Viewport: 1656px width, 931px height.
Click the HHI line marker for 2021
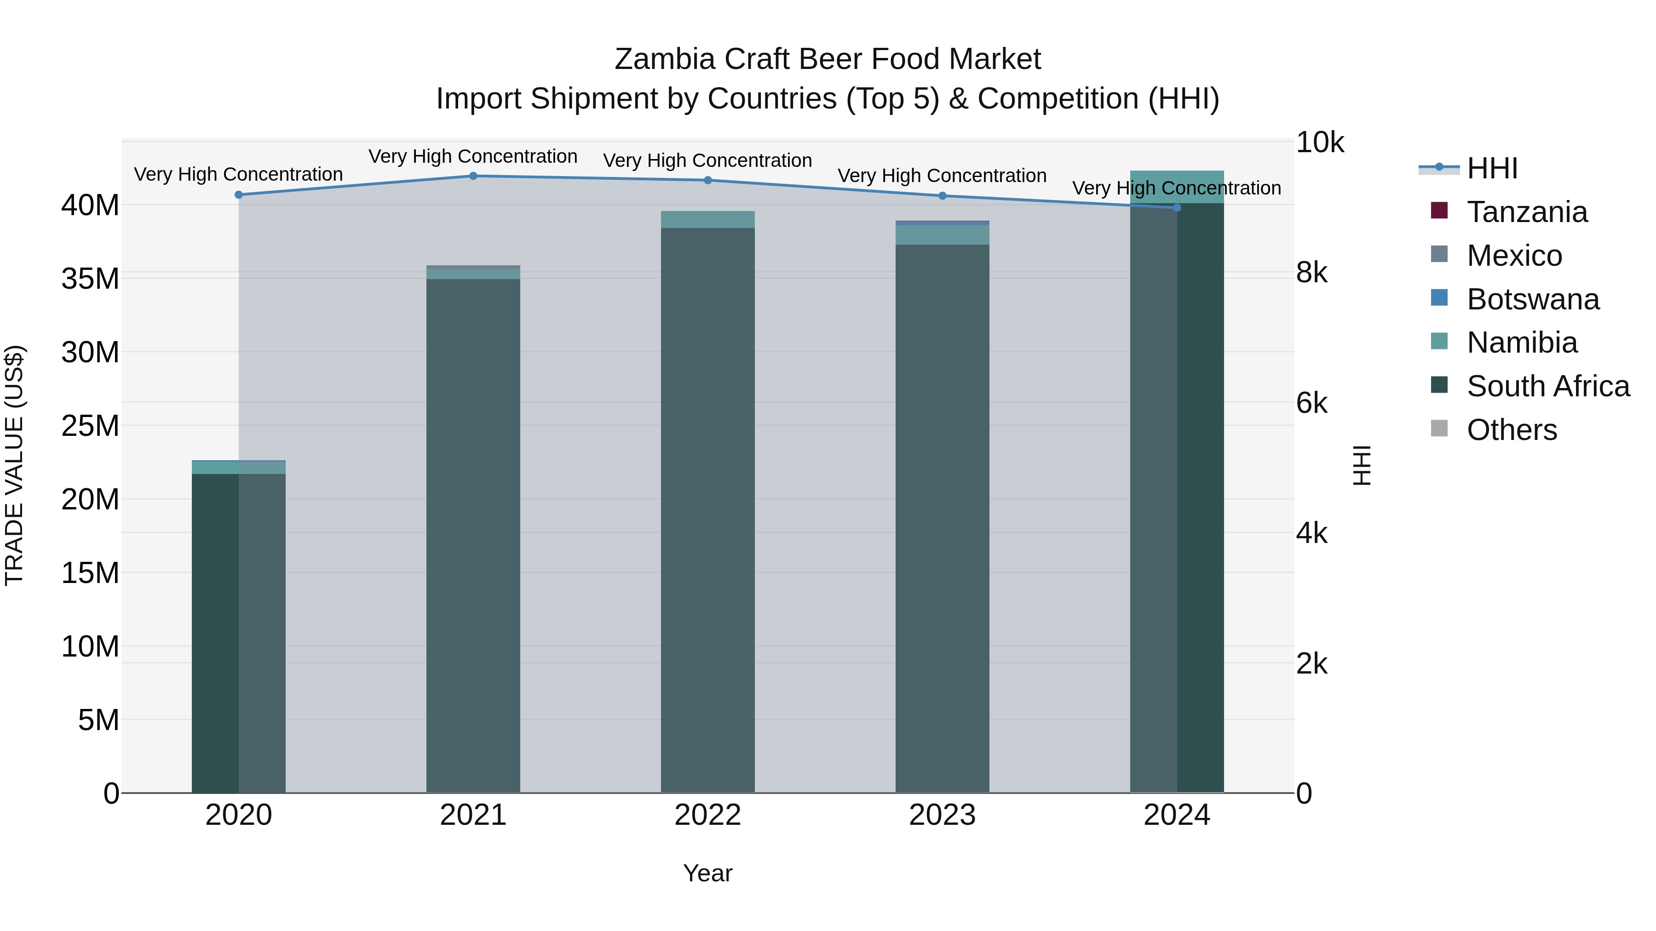click(473, 176)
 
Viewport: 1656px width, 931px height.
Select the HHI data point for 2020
click(238, 194)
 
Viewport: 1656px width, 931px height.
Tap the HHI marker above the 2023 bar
click(943, 196)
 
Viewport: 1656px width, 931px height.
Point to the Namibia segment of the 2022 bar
click(708, 220)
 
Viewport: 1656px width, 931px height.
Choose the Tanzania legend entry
click(1527, 212)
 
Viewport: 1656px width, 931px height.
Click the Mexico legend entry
click(1514, 256)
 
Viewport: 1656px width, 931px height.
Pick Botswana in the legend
click(1533, 299)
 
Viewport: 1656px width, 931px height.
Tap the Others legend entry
click(1512, 430)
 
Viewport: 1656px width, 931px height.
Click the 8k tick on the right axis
click(1311, 273)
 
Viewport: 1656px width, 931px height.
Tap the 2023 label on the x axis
click(943, 815)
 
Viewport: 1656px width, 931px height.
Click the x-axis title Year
click(708, 873)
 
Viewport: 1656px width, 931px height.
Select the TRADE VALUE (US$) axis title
click(14, 465)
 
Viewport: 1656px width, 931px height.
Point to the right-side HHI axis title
click(1362, 465)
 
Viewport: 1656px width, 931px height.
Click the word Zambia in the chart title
click(664, 59)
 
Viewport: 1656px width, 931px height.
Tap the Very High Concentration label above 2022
click(708, 160)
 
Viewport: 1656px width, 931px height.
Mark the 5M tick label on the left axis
click(98, 720)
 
